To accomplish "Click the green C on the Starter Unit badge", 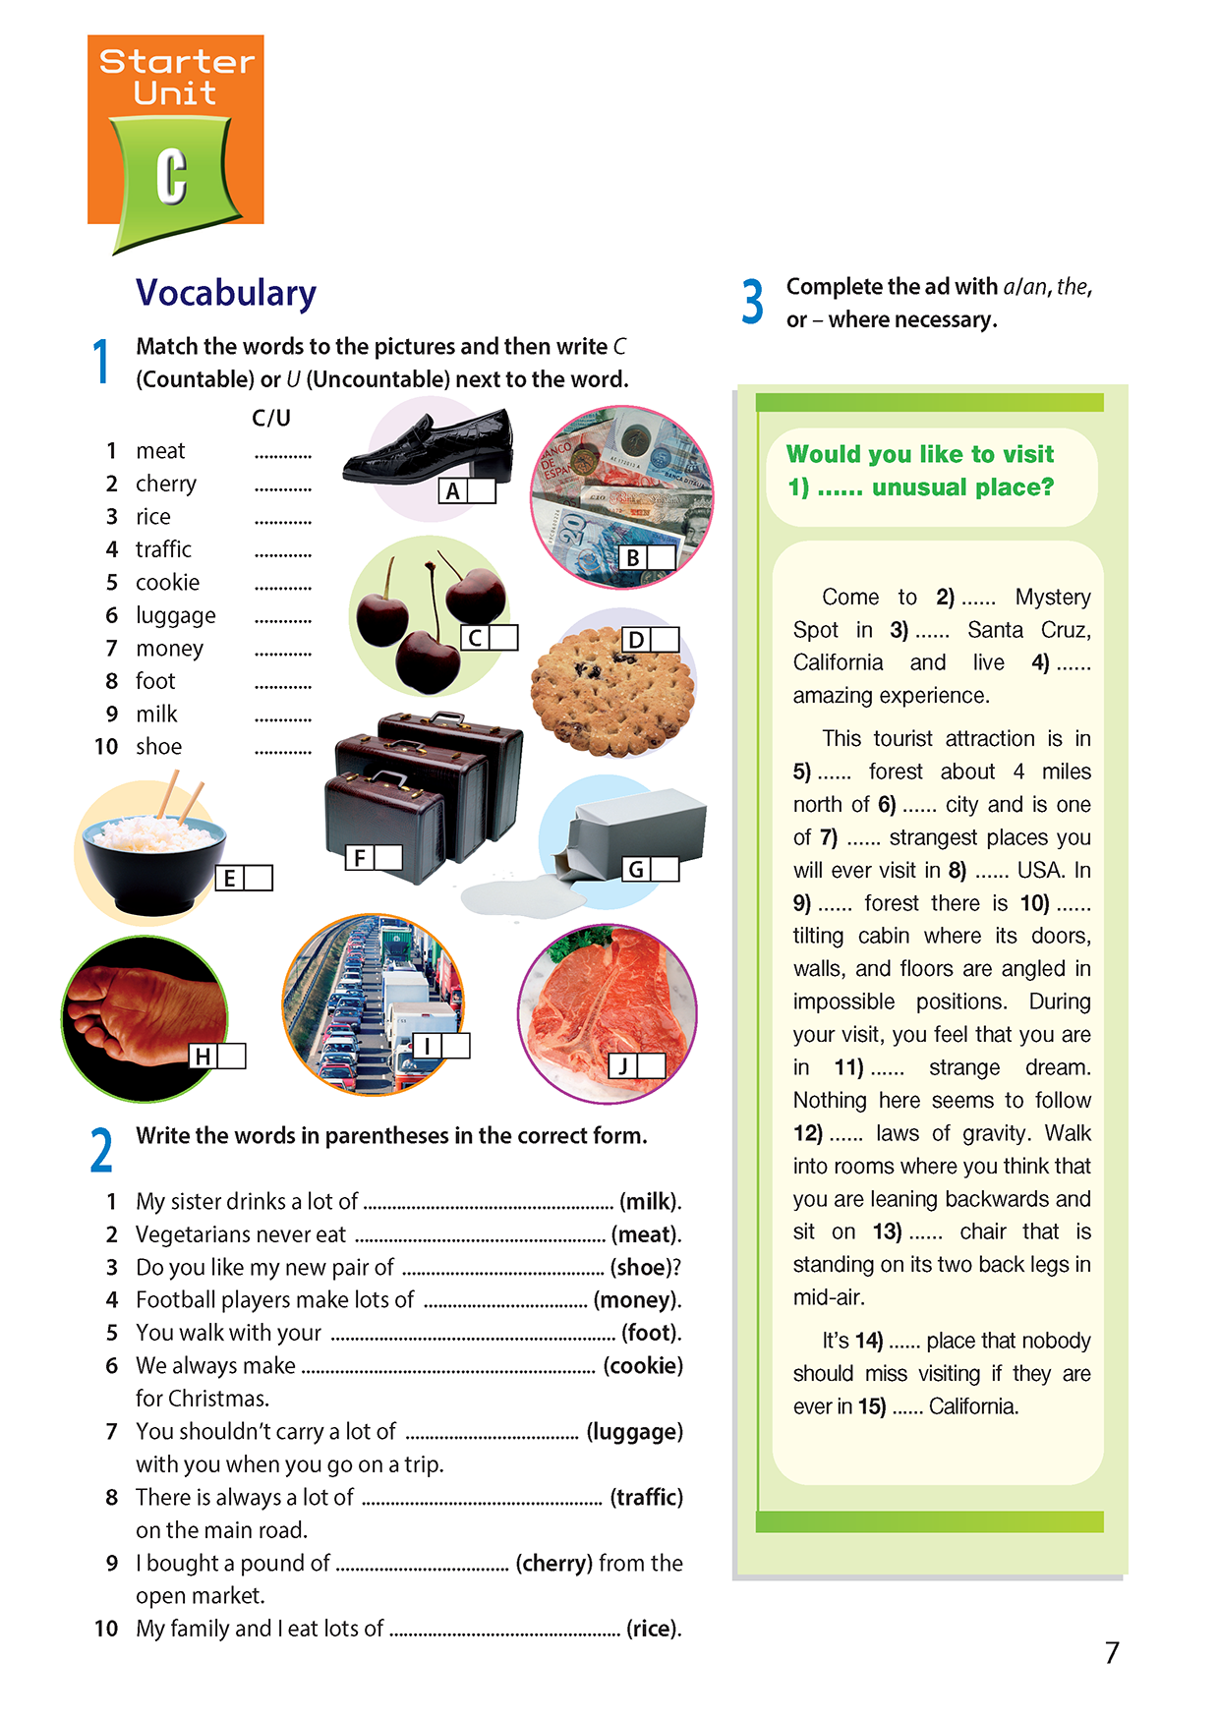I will [172, 176].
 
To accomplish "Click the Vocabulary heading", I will [226, 293].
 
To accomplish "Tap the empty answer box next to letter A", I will [482, 490].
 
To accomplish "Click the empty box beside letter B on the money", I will [662, 557].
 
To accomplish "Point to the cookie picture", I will [611, 693].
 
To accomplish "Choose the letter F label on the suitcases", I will [360, 858].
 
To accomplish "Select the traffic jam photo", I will [373, 1002].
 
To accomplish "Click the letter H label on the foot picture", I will [203, 1057].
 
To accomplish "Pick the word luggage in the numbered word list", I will [175, 615].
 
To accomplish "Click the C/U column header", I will [271, 418].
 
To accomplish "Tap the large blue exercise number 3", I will [753, 302].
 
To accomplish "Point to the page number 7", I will [1112, 1653].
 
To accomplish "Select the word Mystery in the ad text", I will [1053, 597].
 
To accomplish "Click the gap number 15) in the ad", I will [871, 1406].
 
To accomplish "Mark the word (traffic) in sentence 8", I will [646, 1497].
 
